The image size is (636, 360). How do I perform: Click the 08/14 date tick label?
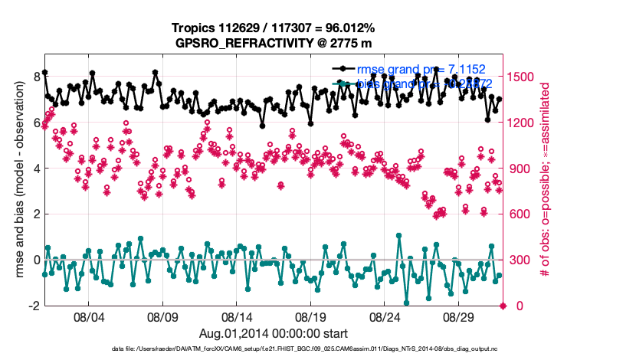237,316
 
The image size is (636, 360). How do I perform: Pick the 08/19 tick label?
311,316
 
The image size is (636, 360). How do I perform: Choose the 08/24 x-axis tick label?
385,316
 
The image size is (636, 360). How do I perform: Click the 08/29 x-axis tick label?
460,316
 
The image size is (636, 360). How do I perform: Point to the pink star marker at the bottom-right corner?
503,306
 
